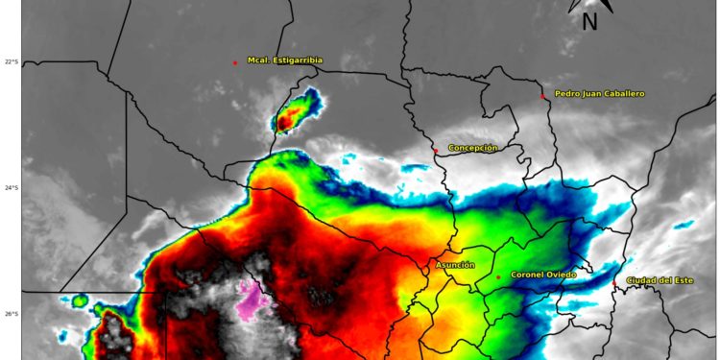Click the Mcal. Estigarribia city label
point(284,60)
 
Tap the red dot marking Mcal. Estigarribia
point(235,62)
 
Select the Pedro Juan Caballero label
point(599,94)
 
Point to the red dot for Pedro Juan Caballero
point(542,96)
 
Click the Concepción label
point(472,148)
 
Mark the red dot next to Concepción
point(436,151)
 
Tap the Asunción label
point(455,265)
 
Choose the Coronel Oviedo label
point(542,275)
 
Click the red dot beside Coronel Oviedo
point(498,277)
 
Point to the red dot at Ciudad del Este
point(615,283)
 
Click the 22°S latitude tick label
point(11,62)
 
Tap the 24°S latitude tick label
point(11,188)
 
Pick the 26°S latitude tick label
point(11,314)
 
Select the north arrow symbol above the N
point(588,5)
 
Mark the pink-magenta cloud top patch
point(253,300)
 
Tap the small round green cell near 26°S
point(79,301)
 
